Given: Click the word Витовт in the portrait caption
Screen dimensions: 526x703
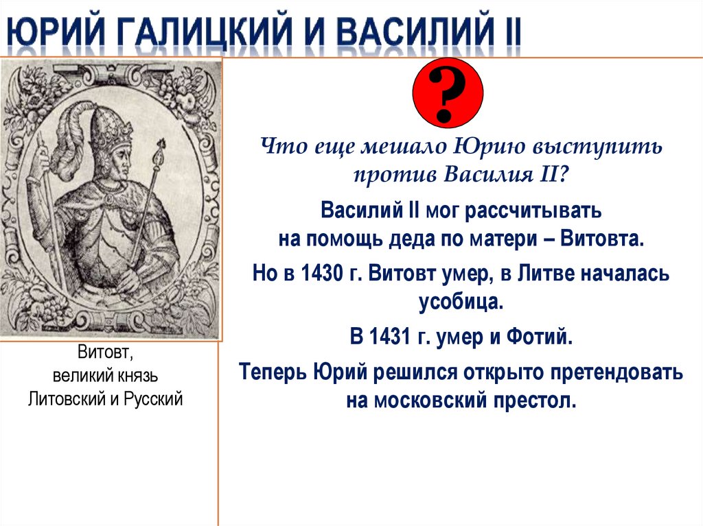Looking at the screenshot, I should pos(103,354).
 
